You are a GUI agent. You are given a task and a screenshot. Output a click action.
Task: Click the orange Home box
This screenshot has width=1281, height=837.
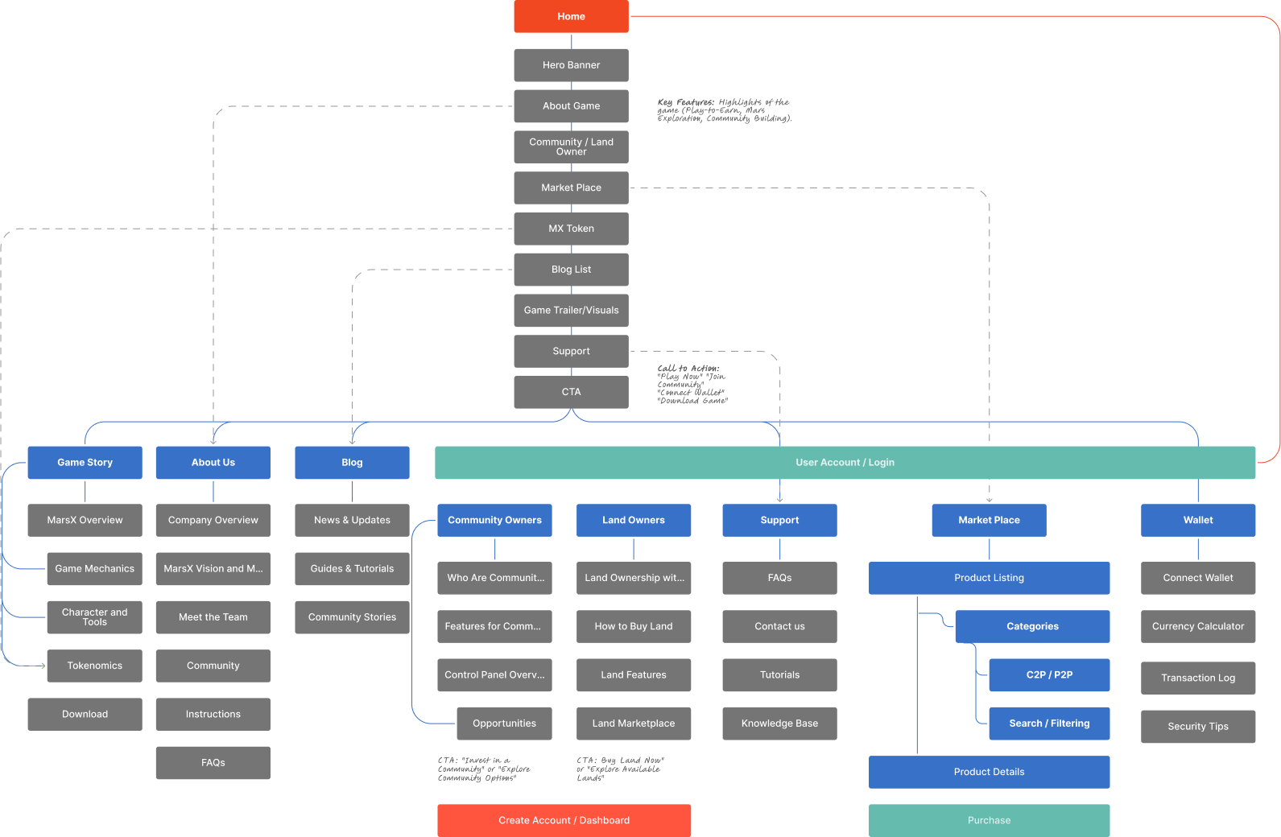[571, 16]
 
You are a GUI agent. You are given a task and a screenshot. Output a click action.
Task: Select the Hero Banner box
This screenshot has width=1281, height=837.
[571, 65]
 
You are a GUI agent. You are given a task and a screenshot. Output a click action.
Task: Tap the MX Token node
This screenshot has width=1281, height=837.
[571, 229]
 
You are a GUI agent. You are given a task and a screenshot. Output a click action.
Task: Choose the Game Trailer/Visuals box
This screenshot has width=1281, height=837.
[571, 310]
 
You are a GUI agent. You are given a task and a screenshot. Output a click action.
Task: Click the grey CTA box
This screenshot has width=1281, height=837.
[571, 392]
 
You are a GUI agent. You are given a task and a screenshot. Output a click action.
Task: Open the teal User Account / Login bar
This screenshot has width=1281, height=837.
[845, 463]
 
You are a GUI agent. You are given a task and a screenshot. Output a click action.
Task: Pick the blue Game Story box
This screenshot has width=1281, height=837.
[85, 463]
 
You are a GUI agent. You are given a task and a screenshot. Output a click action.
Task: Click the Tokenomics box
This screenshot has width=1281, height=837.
[94, 666]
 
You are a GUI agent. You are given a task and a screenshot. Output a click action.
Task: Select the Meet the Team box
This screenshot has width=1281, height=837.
[213, 617]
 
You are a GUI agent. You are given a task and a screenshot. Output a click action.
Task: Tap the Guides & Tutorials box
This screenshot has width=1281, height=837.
[352, 568]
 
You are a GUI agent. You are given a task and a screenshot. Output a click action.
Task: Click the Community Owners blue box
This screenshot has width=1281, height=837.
[494, 520]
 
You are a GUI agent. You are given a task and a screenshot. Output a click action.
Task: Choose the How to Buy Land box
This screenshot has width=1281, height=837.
[634, 626]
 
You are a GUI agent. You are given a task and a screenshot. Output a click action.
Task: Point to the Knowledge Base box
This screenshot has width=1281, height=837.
[779, 724]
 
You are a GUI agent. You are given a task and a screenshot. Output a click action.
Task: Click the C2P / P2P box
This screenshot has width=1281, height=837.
[1049, 674]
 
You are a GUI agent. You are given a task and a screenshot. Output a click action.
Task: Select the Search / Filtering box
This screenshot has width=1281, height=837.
[1049, 724]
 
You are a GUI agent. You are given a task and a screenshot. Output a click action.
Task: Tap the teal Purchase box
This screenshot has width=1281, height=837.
[989, 820]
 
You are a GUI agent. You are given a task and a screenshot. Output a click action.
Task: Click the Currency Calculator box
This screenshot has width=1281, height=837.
[1198, 626]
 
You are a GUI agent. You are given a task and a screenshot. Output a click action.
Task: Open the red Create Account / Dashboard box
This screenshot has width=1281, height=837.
[564, 820]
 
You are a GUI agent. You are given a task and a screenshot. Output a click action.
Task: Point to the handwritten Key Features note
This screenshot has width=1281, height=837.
[724, 110]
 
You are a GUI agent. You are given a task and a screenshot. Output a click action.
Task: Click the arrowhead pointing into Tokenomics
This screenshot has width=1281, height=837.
[43, 666]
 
